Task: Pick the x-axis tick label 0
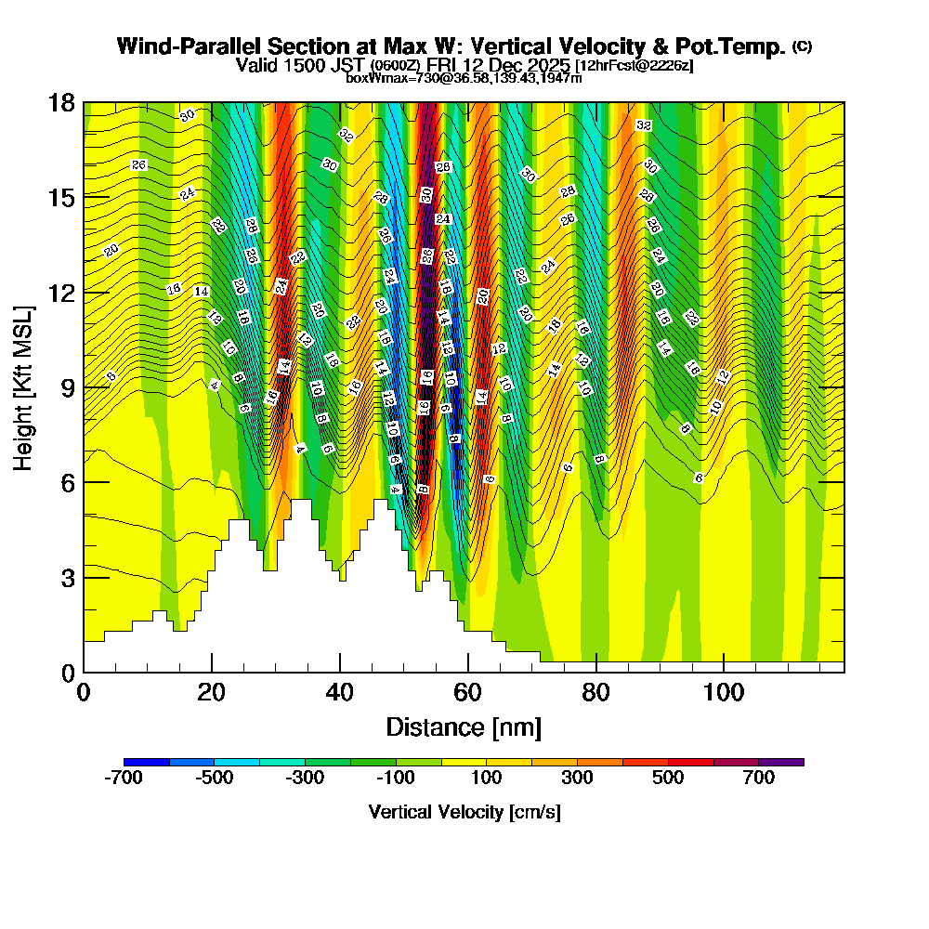[84, 692]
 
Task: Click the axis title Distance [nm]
[464, 726]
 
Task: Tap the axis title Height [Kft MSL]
[24, 386]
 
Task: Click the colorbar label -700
[124, 779]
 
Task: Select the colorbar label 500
[668, 779]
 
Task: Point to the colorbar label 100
[487, 779]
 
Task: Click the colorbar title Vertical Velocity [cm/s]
[464, 812]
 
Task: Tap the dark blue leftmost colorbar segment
[147, 762]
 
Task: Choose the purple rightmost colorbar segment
[781, 762]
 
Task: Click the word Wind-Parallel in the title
[177, 46]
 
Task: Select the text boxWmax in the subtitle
[372, 78]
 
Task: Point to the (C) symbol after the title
[802, 46]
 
